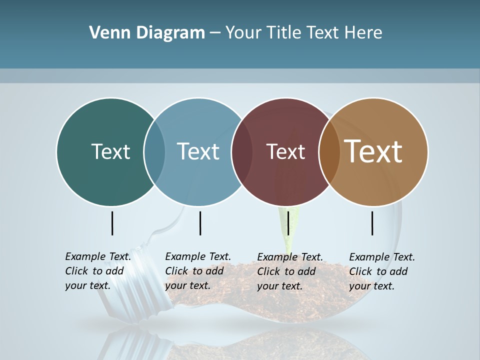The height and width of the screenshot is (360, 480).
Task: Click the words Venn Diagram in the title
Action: pos(147,33)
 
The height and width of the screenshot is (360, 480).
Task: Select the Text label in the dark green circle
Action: pos(110,151)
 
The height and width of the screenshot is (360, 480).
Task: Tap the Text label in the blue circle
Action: pos(198,151)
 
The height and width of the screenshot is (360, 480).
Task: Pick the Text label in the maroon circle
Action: pos(285,151)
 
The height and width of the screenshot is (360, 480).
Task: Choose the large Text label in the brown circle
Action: pos(373,151)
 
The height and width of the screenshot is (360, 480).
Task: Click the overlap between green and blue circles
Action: pos(154,151)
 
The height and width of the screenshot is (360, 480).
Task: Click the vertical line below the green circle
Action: pos(112,223)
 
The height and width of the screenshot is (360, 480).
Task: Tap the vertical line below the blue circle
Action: pos(200,223)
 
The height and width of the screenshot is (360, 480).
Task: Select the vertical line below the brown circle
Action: pos(372,223)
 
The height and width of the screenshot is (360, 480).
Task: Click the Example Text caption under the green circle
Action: pos(98,271)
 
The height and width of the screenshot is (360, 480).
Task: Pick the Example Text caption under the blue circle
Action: pos(197,271)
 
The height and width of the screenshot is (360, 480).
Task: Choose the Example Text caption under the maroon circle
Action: pos(290,271)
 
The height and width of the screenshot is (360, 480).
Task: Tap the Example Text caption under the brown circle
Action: pos(382,271)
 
